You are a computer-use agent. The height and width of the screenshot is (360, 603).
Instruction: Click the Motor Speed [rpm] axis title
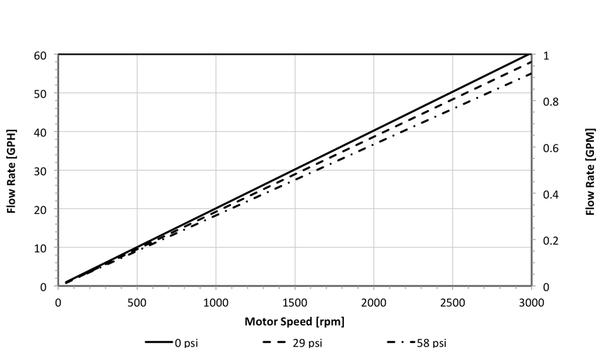[295, 322]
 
